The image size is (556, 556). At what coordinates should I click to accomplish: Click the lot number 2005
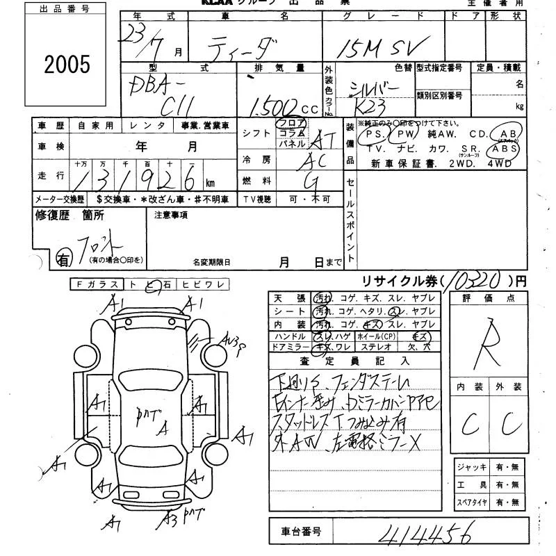(x=67, y=65)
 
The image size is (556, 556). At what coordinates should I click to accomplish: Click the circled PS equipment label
(x=375, y=134)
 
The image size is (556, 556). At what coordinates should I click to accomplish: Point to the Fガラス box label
(x=97, y=284)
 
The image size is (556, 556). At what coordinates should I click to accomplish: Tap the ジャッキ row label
(x=471, y=467)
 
